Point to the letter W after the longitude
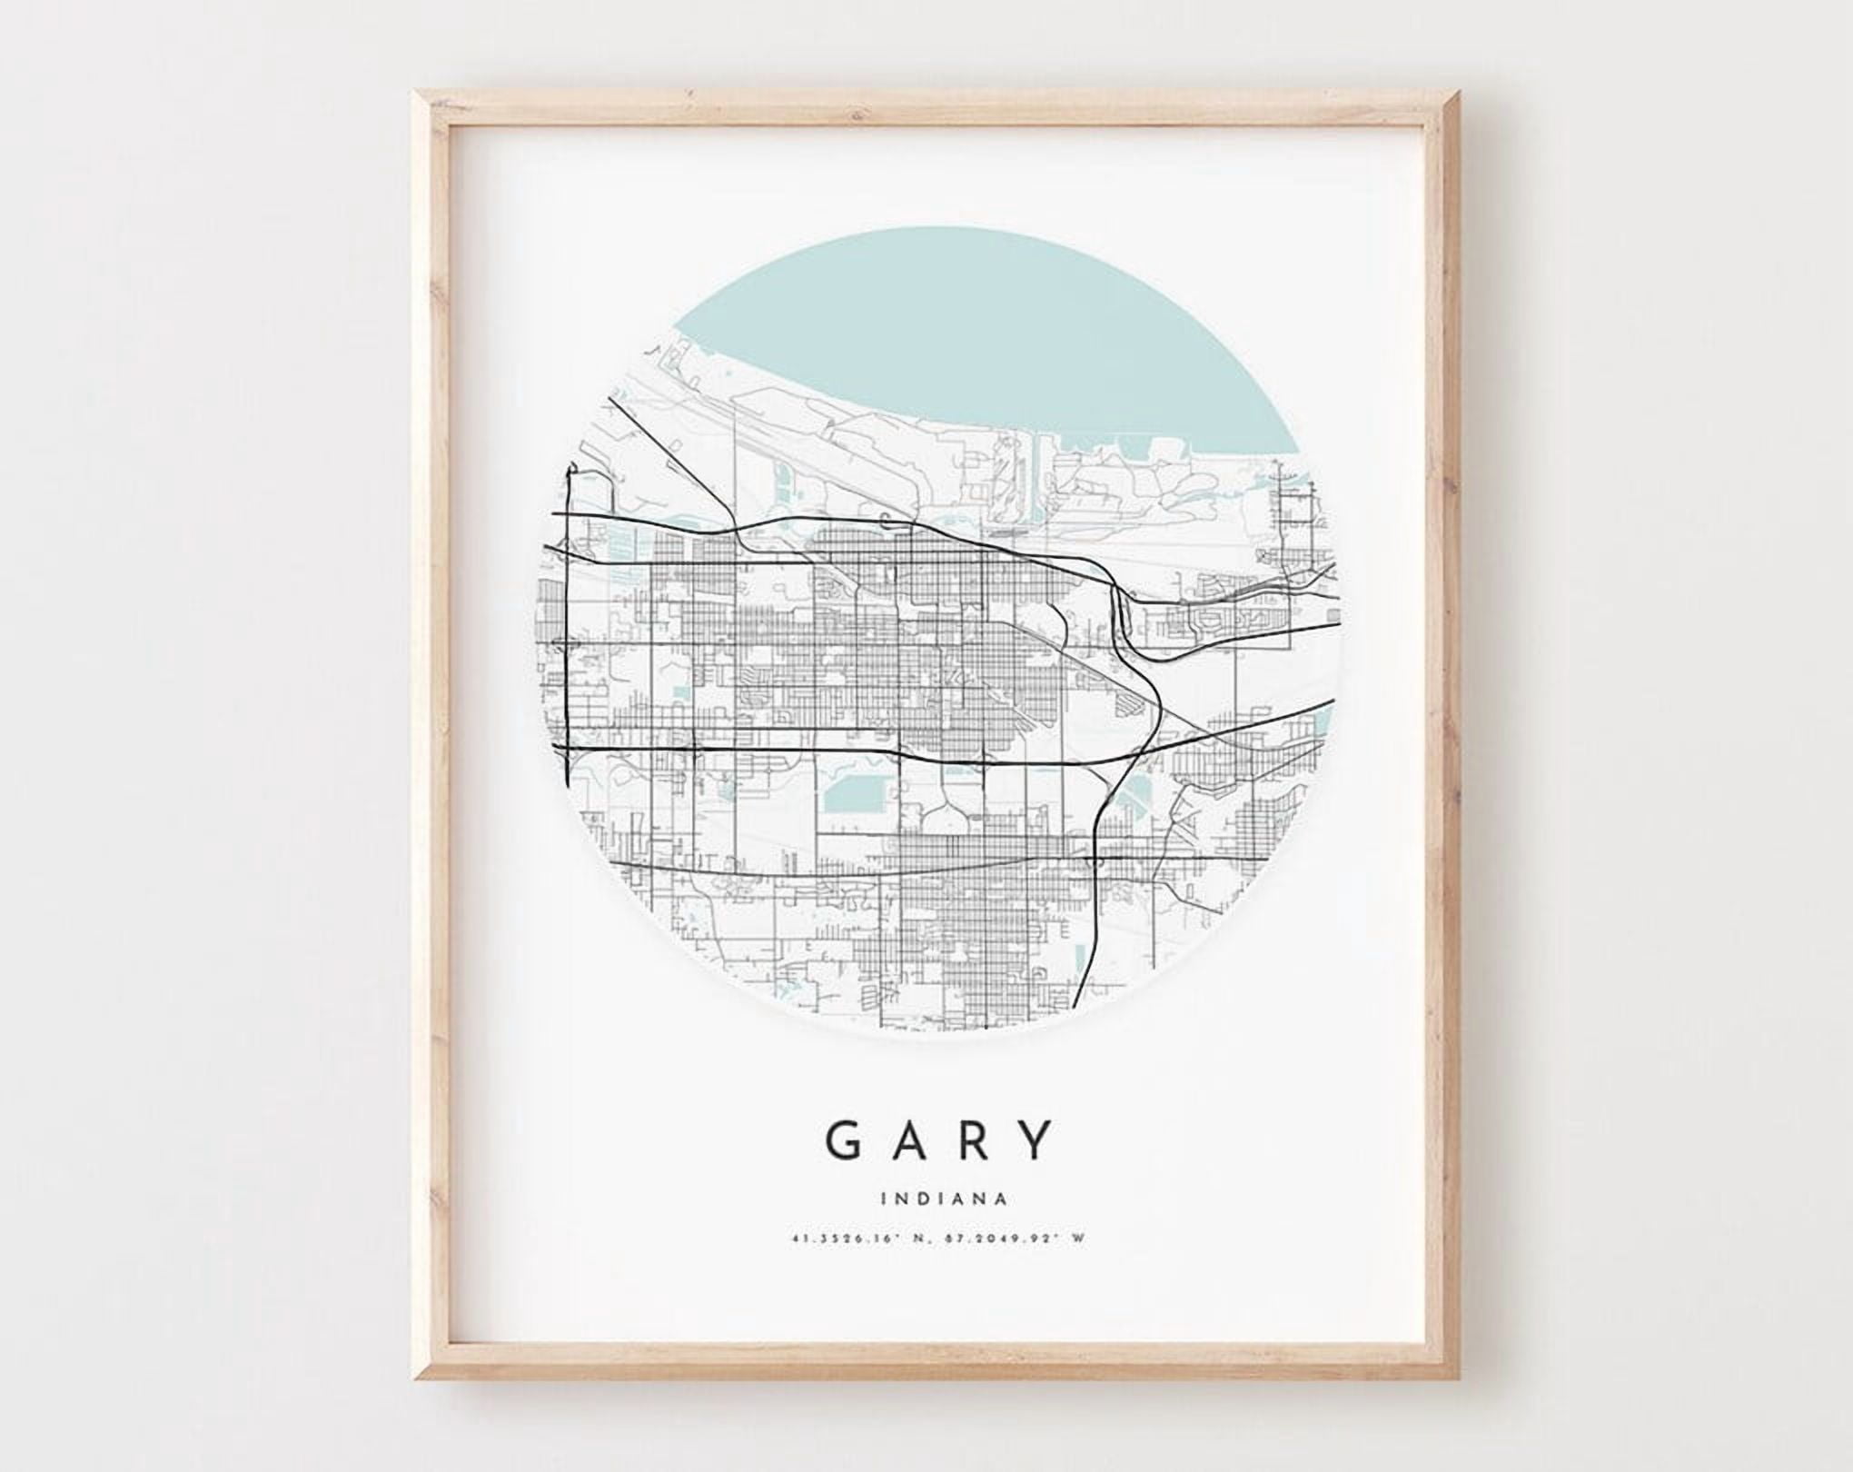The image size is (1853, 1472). coord(1076,1259)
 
